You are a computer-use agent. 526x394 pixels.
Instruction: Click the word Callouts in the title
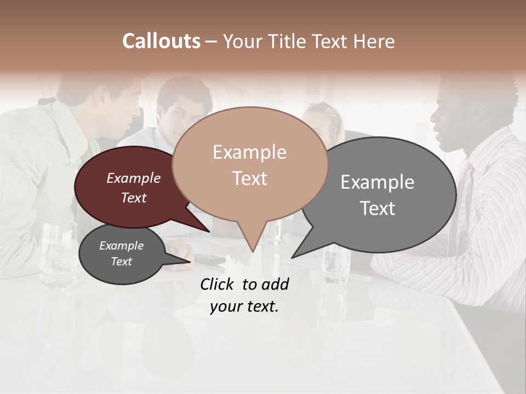point(161,41)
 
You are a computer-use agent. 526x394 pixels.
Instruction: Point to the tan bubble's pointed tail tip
point(253,251)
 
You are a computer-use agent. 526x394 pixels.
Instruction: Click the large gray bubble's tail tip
point(293,257)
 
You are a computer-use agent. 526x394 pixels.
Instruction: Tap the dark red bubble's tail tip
point(209,231)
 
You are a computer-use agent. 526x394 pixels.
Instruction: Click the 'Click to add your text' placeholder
point(244,295)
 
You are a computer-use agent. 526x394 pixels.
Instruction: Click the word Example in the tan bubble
point(249,152)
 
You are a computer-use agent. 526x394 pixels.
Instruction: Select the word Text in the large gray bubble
point(378,208)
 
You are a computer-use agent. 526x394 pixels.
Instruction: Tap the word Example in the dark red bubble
point(133,178)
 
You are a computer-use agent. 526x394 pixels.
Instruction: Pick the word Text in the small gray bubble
point(121,262)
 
